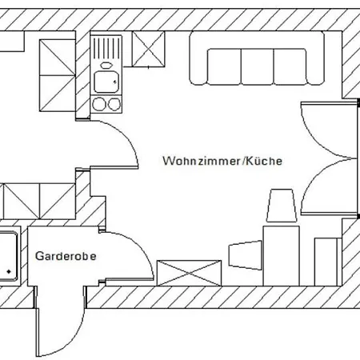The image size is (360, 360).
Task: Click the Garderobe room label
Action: coord(66,256)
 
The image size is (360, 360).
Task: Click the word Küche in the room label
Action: coord(264,161)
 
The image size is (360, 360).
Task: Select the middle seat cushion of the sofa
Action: coord(258,66)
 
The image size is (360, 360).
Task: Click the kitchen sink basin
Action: coord(106,82)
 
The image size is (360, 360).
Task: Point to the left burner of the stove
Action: coord(98,104)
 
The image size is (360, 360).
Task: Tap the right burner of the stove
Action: coord(114,104)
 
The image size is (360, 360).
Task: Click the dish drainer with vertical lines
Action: coord(106,48)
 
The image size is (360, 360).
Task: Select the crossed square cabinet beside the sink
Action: coord(148,49)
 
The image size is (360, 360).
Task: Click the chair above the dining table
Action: coord(282,206)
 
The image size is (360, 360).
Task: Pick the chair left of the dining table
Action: coord(246,255)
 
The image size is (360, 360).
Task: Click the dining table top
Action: coord(281,256)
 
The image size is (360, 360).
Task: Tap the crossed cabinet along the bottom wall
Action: coord(189,273)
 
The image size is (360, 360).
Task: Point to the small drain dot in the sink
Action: coord(115,82)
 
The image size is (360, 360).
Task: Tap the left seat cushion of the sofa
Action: coord(225,66)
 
